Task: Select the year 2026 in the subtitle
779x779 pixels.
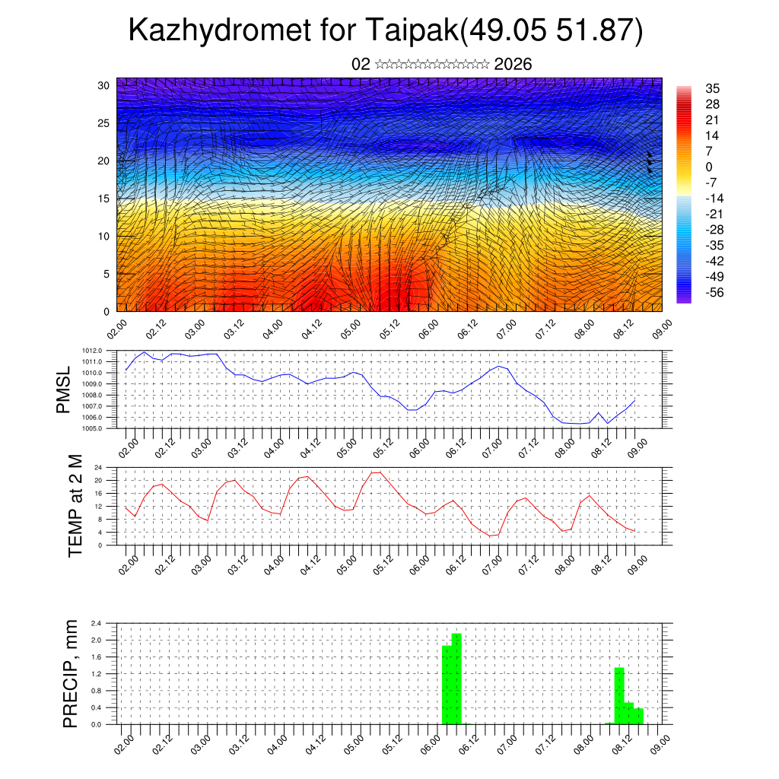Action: (513, 65)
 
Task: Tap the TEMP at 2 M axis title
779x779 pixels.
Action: (75, 506)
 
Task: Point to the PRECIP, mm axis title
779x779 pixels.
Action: (71, 673)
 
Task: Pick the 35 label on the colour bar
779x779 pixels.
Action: (712, 89)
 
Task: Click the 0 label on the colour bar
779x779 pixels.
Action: (709, 167)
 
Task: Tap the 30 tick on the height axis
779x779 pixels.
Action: (103, 84)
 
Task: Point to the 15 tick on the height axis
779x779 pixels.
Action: (103, 199)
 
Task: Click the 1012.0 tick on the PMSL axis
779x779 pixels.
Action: (92, 350)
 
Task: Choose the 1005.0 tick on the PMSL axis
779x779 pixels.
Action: (92, 429)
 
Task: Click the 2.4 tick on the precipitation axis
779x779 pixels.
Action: (97, 623)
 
